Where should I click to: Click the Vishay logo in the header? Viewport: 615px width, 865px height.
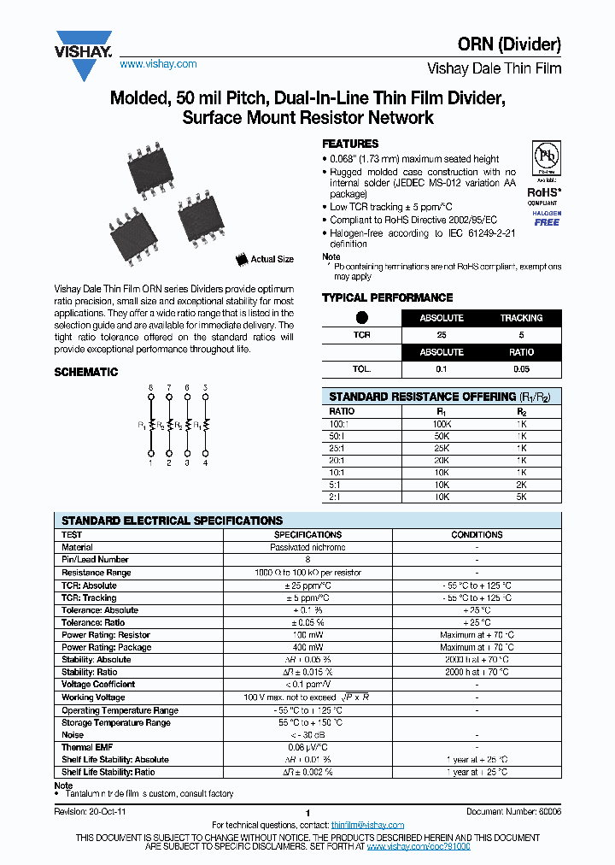(83, 54)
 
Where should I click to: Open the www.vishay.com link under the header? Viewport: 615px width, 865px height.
(158, 64)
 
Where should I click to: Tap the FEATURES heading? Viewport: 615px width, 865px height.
(349, 144)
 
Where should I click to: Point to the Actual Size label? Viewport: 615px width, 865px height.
(272, 259)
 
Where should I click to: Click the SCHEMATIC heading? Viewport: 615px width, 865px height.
(85, 373)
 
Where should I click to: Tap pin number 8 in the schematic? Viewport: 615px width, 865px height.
(151, 387)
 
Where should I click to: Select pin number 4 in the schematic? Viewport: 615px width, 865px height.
(205, 463)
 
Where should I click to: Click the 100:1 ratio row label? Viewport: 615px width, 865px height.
(341, 423)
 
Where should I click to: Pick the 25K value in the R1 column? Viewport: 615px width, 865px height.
(442, 448)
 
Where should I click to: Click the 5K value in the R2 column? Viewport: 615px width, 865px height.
(521, 496)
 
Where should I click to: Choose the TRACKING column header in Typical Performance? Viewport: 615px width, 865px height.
(521, 318)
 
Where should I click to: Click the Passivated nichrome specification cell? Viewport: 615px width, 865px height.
(307, 547)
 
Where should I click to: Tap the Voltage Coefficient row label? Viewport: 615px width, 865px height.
(98, 685)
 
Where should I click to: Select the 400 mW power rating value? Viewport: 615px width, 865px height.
(307, 647)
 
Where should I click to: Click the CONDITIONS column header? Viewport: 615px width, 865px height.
(477, 534)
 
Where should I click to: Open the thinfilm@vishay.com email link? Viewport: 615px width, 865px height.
(367, 825)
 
